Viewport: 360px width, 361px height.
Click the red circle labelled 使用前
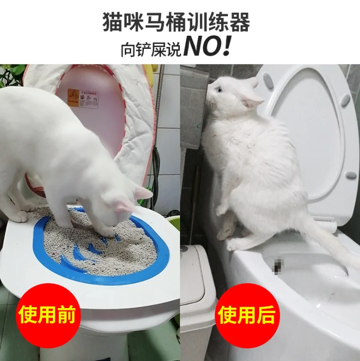point(47,315)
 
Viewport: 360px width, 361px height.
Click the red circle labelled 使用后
point(247,315)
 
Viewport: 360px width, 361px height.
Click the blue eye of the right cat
point(220,90)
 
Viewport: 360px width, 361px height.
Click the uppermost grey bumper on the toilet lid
point(269,81)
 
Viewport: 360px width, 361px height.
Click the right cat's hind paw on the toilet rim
point(235,244)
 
